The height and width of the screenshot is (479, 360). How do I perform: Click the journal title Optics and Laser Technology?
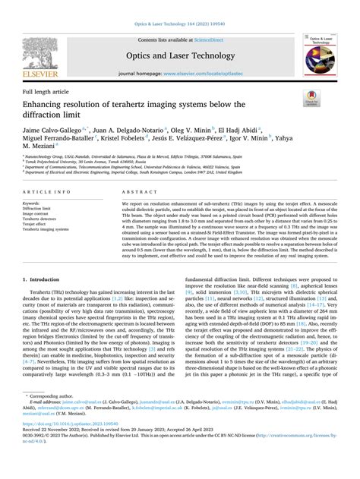coord(179,55)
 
